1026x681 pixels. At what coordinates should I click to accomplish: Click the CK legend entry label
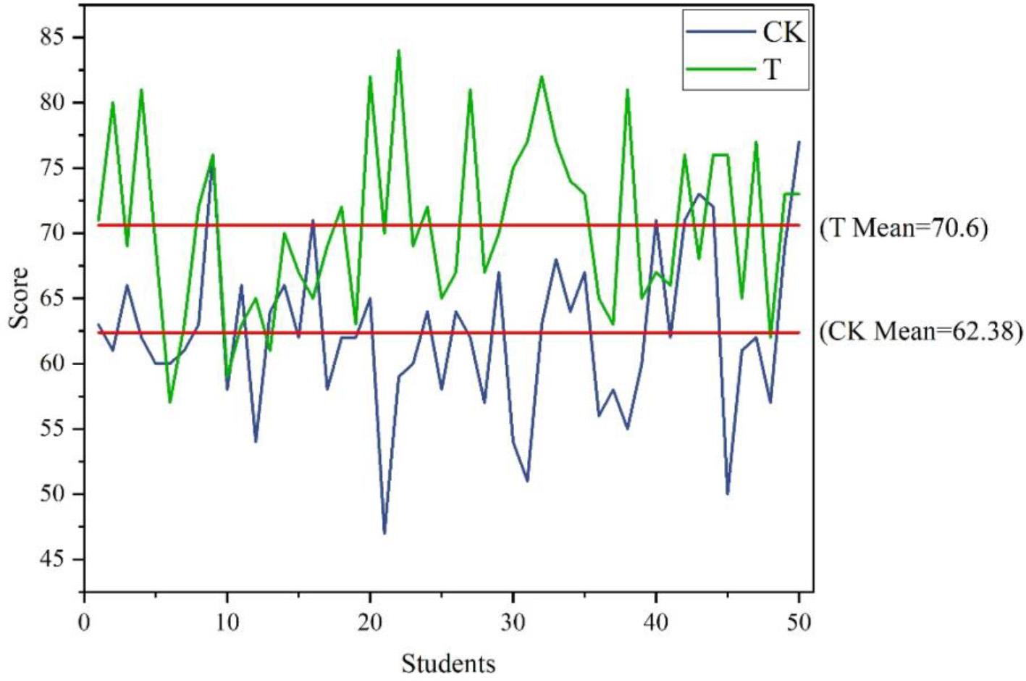pos(783,32)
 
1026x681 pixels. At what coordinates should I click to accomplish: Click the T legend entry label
pos(772,70)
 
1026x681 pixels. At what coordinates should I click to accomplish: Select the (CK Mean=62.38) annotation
pos(920,331)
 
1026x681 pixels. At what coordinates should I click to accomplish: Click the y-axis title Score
pos(20,297)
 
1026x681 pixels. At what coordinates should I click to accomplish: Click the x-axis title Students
pos(448,663)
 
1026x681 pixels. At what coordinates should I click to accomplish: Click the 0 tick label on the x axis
pos(85,622)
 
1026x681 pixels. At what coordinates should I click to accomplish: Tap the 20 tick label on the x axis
pos(370,622)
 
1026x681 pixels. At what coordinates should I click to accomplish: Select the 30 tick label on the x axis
pos(513,622)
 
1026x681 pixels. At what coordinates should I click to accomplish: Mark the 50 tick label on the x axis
pos(799,622)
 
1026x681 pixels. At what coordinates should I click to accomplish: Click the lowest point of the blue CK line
pos(384,533)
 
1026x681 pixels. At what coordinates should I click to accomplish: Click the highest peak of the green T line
pos(398,51)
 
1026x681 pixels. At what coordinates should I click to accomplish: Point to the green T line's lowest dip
pos(170,402)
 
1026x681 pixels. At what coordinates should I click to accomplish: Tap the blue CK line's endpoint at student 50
pos(799,142)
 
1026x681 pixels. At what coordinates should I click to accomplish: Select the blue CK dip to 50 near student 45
pos(728,494)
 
